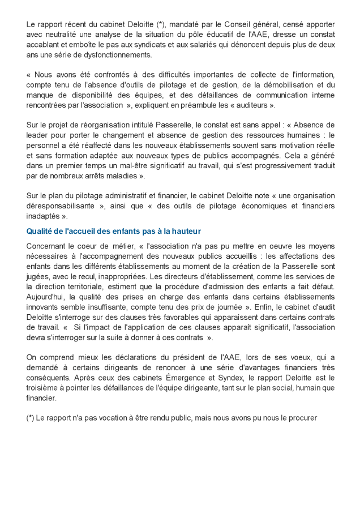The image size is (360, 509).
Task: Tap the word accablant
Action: pos(44,45)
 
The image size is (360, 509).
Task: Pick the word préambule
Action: pos(198,105)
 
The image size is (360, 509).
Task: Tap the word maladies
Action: pos(131,176)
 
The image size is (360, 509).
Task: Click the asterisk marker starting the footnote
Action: pos(31,418)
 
